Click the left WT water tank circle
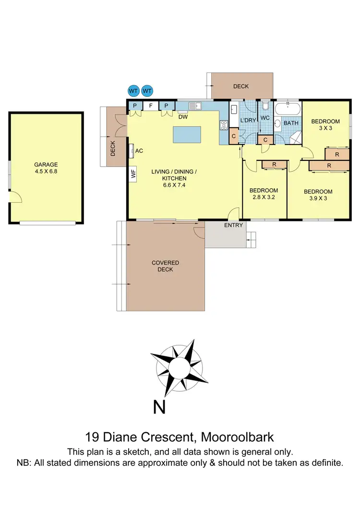pyautogui.click(x=133, y=91)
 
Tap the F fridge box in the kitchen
pyautogui.click(x=150, y=106)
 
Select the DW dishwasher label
pyautogui.click(x=182, y=116)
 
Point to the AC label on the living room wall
pyautogui.click(x=139, y=151)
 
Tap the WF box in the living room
pyautogui.click(x=133, y=174)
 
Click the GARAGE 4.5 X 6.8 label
pyautogui.click(x=46, y=168)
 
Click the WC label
pyautogui.click(x=265, y=118)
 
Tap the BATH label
pyautogui.click(x=291, y=123)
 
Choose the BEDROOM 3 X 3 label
pyautogui.click(x=325, y=125)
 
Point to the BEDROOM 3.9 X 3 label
pyautogui.click(x=318, y=195)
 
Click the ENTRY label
pyautogui.click(x=234, y=225)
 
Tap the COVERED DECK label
pyautogui.click(x=165, y=266)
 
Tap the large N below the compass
pyautogui.click(x=160, y=407)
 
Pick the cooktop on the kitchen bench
pyautogui.click(x=224, y=125)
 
